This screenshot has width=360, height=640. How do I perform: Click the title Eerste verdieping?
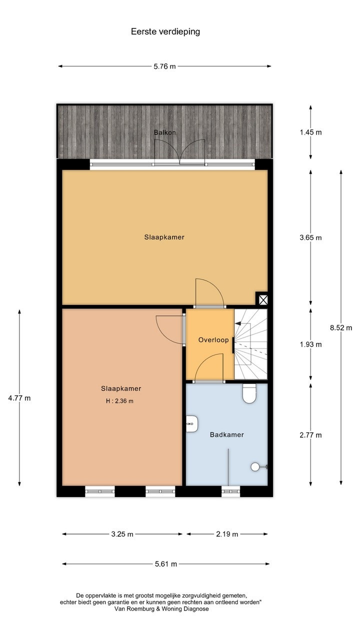pyautogui.click(x=165, y=31)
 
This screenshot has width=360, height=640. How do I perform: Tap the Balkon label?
pyautogui.click(x=165, y=132)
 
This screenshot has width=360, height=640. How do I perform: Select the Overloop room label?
pyautogui.click(x=213, y=340)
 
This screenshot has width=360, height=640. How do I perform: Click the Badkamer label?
pyautogui.click(x=227, y=434)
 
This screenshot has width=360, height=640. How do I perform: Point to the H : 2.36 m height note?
pyautogui.click(x=119, y=401)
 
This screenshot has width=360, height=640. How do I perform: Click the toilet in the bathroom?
pyautogui.click(x=249, y=393)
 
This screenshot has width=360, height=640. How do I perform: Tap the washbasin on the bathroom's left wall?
pyautogui.click(x=192, y=423)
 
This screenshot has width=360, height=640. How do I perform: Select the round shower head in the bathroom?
pyautogui.click(x=255, y=467)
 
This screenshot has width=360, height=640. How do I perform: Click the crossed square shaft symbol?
pyautogui.click(x=263, y=300)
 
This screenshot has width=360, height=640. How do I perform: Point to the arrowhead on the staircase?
pyautogui.click(x=237, y=323)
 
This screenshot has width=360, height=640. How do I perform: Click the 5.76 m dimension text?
pyautogui.click(x=165, y=66)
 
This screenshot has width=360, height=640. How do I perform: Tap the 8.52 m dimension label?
pyautogui.click(x=341, y=327)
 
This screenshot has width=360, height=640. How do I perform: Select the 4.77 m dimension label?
pyautogui.click(x=19, y=398)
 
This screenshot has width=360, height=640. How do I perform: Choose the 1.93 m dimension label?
pyautogui.click(x=310, y=344)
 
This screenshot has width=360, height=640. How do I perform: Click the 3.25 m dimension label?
pyautogui.click(x=122, y=534)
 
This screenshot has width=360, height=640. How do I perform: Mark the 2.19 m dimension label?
pyautogui.click(x=227, y=534)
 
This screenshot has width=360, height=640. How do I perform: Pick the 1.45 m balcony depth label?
pyautogui.click(x=310, y=132)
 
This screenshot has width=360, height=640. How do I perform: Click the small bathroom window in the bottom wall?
pyautogui.click(x=231, y=491)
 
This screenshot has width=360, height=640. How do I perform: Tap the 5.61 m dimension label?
pyautogui.click(x=166, y=564)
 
